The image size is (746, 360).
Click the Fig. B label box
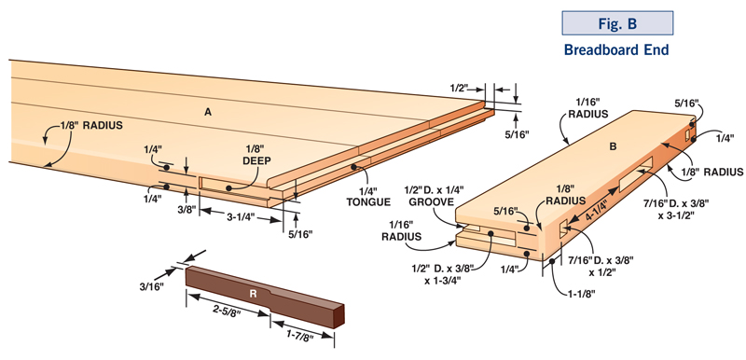click(617, 23)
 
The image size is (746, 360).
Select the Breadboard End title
click(616, 49)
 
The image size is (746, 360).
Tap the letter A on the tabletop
click(208, 112)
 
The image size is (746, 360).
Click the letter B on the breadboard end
click(613, 147)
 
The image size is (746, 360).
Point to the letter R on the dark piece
click(253, 294)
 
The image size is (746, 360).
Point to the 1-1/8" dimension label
click(579, 294)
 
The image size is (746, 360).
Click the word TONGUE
click(368, 202)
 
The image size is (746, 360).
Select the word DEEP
click(256, 161)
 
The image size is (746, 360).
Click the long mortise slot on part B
click(636, 175)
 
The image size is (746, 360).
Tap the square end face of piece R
click(338, 315)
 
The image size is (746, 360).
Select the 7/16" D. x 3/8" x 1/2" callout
click(601, 267)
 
